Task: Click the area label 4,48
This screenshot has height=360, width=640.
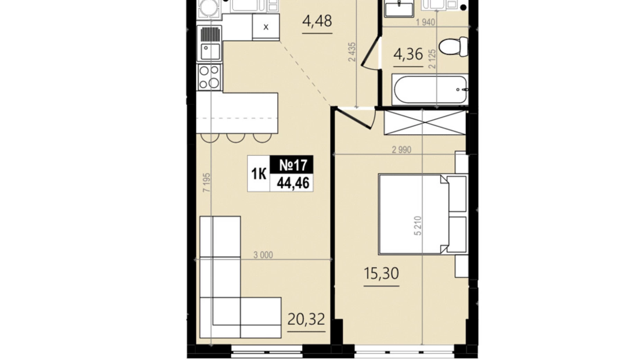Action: pyautogui.click(x=317, y=21)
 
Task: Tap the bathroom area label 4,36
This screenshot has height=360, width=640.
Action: pyautogui.click(x=408, y=54)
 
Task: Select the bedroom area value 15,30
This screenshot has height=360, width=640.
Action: pyautogui.click(x=381, y=273)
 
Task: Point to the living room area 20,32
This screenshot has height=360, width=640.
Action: pyautogui.click(x=306, y=319)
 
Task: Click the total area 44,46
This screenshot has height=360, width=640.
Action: pyautogui.click(x=293, y=183)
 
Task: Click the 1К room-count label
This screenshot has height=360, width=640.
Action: pyautogui.click(x=259, y=174)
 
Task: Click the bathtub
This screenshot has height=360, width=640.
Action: pyautogui.click(x=430, y=89)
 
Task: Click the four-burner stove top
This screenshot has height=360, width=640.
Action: pyautogui.click(x=209, y=77)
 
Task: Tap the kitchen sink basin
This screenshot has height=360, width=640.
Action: pyautogui.click(x=210, y=52)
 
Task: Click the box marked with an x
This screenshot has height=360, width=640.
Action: pyautogui.click(x=266, y=27)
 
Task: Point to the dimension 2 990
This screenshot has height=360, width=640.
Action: pyautogui.click(x=401, y=150)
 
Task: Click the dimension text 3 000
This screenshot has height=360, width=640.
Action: pyautogui.click(x=263, y=255)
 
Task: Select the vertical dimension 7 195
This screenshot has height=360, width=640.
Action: pyautogui.click(x=207, y=183)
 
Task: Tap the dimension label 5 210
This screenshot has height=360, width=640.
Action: pyautogui.click(x=418, y=226)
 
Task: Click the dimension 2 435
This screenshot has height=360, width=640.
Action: pyautogui.click(x=352, y=52)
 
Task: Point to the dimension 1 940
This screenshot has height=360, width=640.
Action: pyautogui.click(x=425, y=22)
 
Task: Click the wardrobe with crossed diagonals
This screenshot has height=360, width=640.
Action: pyautogui.click(x=425, y=123)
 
